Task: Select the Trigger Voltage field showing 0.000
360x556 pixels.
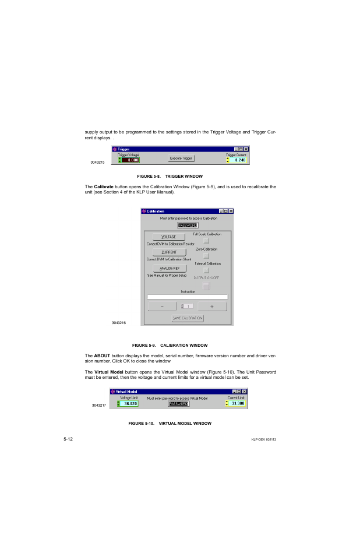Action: coord(130,160)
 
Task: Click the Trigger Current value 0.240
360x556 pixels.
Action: coord(239,160)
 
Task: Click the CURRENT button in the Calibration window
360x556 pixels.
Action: coord(169,252)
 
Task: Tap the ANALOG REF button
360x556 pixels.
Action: coord(169,268)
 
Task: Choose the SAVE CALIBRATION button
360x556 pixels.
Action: coord(188,318)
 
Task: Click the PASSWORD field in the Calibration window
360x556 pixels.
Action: coord(188,225)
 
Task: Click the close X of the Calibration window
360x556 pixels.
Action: coord(230,211)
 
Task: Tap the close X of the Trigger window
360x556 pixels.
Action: coord(246,149)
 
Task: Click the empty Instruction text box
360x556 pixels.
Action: coord(188,297)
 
